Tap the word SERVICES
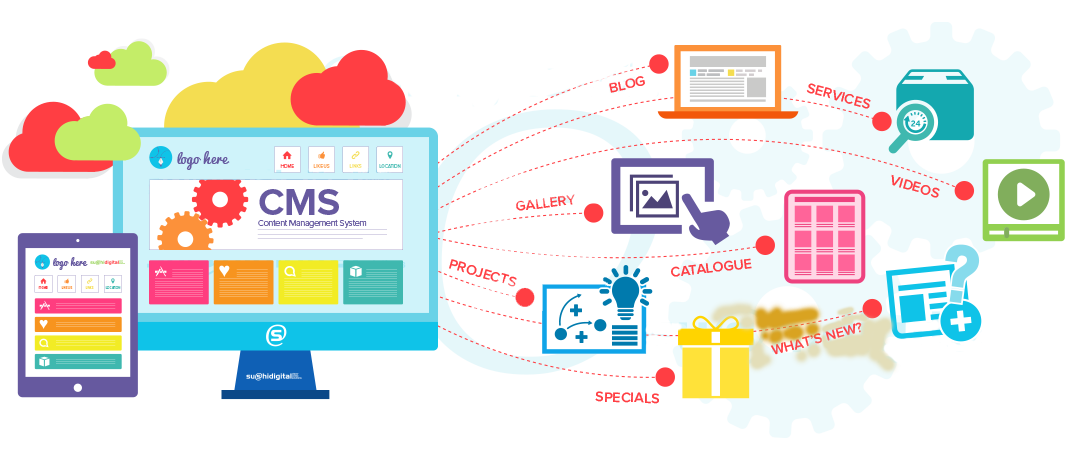click(x=838, y=95)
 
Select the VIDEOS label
click(x=915, y=185)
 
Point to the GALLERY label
click(x=545, y=203)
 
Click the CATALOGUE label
click(x=711, y=267)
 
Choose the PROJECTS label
click(x=482, y=274)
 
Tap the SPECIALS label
click(x=627, y=397)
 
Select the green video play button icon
click(x=1022, y=196)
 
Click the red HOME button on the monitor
click(x=288, y=159)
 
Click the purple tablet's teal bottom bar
click(x=78, y=361)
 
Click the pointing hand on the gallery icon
click(x=708, y=222)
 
